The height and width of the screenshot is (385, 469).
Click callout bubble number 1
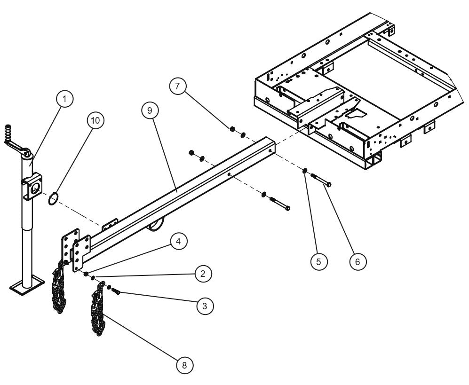click(x=65, y=99)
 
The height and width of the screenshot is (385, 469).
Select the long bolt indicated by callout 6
click(x=319, y=180)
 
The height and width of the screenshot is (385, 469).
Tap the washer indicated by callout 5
click(x=305, y=170)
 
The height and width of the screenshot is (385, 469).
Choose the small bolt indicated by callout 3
click(x=116, y=292)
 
